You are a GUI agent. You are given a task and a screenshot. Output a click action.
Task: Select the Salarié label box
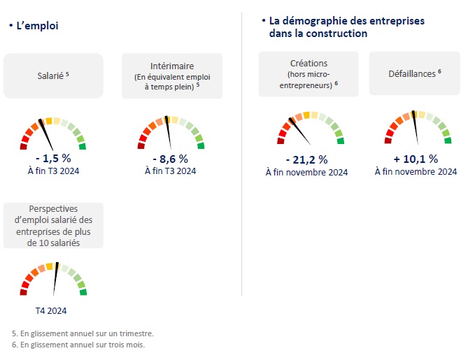53,75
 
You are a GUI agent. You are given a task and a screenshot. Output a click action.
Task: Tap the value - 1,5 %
53,158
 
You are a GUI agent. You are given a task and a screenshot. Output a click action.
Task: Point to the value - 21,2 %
306,159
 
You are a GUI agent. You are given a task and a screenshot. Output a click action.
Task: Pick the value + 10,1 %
416,159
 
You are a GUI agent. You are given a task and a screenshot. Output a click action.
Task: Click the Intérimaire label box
172,75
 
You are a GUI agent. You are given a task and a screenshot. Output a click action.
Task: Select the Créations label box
308,73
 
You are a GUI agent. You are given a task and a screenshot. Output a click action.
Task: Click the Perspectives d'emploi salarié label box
53,225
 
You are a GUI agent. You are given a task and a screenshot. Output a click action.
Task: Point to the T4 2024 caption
53,311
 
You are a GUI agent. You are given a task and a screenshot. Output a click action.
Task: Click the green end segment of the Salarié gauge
83,146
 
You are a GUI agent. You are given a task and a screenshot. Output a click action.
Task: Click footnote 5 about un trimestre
83,333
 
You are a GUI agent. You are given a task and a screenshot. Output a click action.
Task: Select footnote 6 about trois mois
78,344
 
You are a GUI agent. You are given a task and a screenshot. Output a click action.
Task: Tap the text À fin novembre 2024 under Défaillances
416,172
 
